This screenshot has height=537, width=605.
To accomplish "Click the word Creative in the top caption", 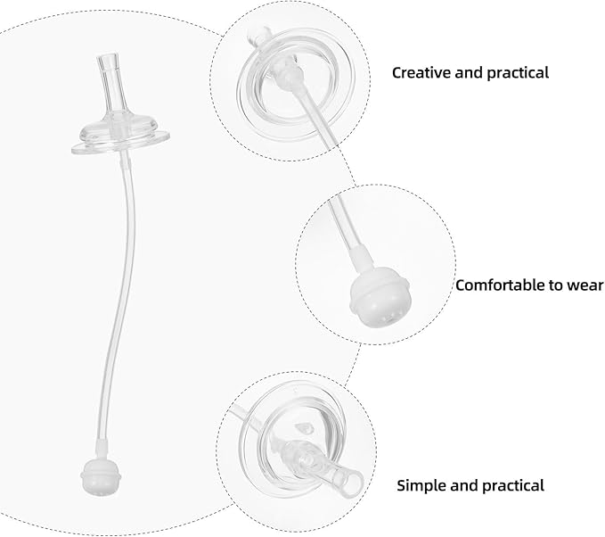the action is [421, 72].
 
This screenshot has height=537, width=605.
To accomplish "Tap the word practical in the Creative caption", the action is [518, 73].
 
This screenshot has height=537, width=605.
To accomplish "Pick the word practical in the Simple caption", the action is [513, 486].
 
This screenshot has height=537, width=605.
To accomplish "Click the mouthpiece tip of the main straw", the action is [108, 61].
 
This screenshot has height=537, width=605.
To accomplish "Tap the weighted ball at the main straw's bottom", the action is [101, 476].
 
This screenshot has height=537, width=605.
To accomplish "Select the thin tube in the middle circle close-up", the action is [345, 223].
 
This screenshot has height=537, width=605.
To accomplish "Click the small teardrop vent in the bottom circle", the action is [304, 428].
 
